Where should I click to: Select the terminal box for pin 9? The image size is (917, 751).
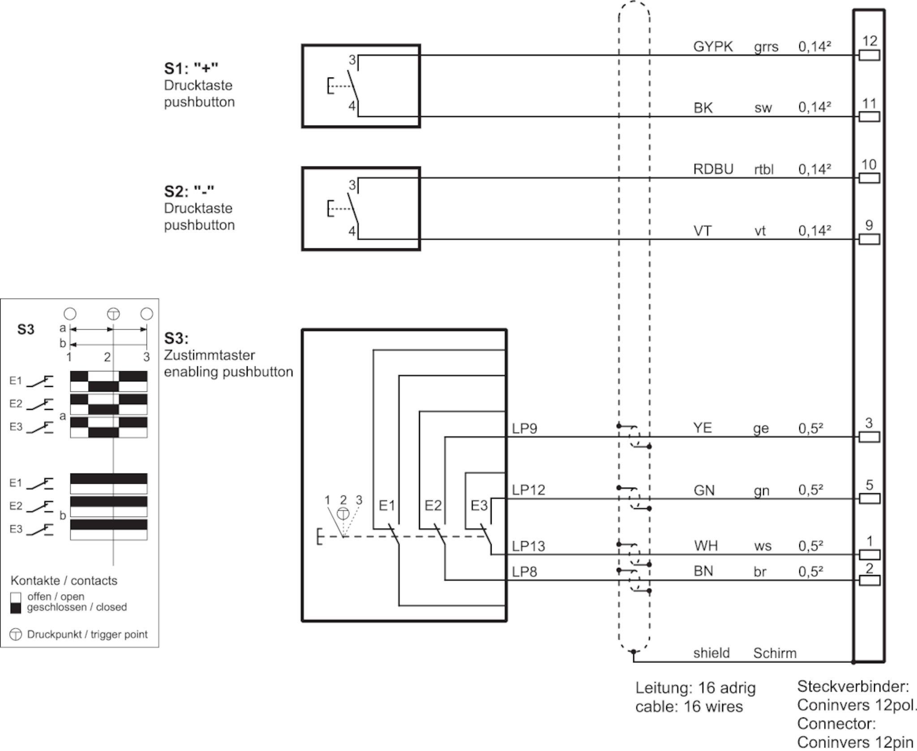tap(870, 239)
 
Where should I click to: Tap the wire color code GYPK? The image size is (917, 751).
tap(713, 47)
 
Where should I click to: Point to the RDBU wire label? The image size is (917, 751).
tap(713, 169)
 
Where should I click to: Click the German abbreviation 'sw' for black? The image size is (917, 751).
tap(763, 108)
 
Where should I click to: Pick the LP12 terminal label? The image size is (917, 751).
tap(529, 490)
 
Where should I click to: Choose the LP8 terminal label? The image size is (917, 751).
tap(524, 572)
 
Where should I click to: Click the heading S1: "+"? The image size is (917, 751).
tap(191, 69)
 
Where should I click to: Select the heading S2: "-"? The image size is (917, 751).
tap(189, 191)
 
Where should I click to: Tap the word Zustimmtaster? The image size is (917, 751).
tap(209, 355)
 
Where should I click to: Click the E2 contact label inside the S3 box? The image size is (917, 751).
tap(433, 506)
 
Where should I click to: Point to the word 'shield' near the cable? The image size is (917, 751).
tap(711, 653)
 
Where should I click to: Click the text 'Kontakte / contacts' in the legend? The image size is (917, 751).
tap(64, 580)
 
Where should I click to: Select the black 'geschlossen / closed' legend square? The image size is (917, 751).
tap(16, 608)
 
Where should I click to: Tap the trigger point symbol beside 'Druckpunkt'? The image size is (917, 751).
tap(16, 635)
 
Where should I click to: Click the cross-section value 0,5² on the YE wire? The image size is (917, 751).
tap(811, 428)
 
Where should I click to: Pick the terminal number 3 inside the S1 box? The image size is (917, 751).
tap(352, 60)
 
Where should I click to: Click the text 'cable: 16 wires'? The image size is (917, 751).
tap(689, 707)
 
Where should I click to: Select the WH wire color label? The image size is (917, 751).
tap(706, 546)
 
